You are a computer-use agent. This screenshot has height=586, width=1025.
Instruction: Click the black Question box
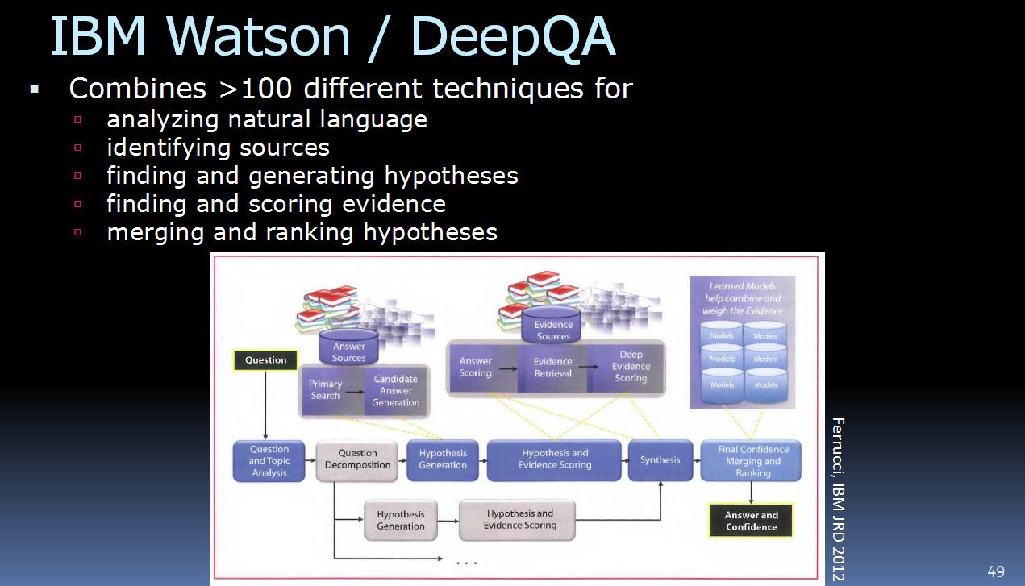265,360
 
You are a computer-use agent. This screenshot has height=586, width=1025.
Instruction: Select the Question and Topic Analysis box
269,461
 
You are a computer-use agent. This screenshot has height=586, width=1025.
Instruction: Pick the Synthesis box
660,460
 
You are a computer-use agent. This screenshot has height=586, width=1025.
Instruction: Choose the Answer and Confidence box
751,521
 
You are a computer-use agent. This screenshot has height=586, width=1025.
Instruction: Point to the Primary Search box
326,390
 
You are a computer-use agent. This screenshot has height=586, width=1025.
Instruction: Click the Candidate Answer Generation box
395,391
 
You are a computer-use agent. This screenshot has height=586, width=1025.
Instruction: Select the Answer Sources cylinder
348,348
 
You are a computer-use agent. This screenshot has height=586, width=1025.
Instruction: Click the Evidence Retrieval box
552,368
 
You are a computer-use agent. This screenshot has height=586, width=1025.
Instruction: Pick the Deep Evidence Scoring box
631,367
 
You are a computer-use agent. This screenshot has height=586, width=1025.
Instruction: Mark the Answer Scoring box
475,368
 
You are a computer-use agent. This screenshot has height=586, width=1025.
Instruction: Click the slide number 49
996,571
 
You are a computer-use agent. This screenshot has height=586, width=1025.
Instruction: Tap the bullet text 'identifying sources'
218,148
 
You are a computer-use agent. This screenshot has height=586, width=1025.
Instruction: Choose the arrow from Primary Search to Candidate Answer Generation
354,391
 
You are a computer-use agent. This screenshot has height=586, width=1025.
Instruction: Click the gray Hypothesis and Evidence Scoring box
520,520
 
